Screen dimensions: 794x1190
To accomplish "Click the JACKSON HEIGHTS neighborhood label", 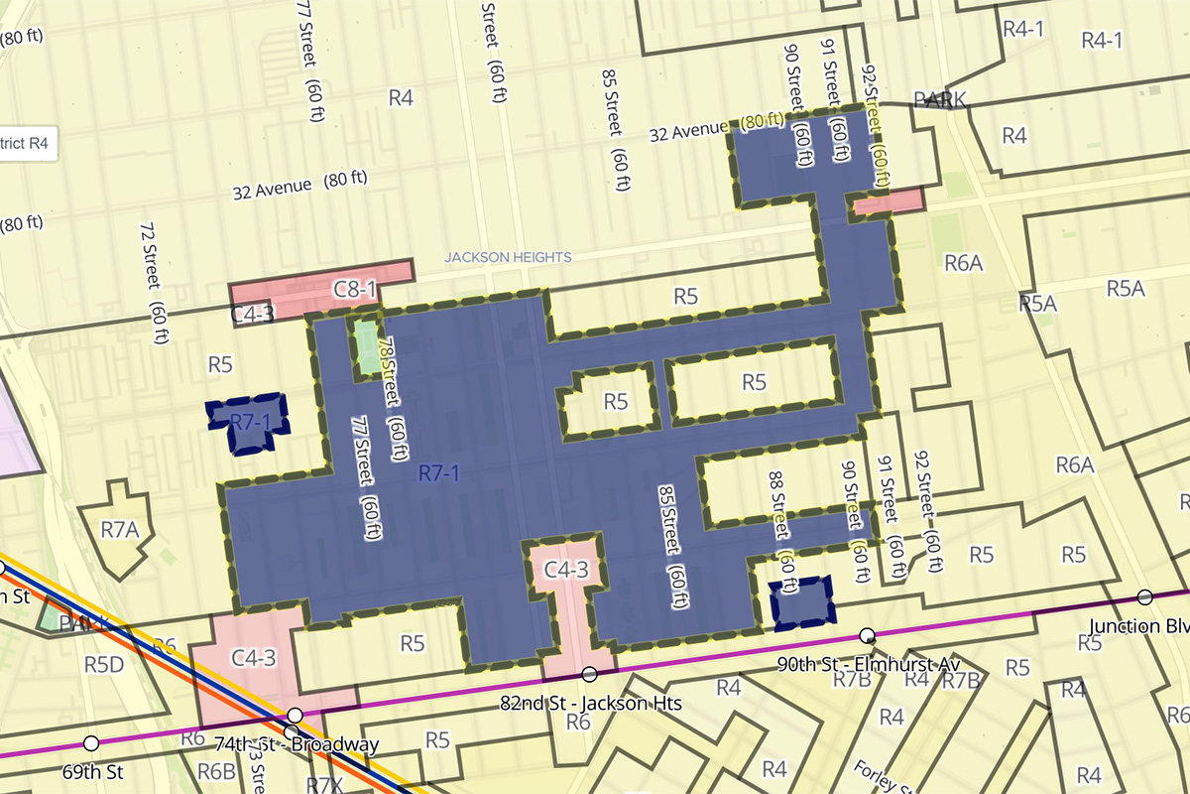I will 508,257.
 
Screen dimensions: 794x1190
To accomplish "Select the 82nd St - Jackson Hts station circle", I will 589,675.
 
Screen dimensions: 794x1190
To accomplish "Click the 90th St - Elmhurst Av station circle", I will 867,635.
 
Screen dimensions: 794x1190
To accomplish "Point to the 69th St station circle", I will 91,743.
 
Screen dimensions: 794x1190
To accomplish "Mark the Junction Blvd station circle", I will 1145,596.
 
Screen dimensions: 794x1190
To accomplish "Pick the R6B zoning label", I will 215,772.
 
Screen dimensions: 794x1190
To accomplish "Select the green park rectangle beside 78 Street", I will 366,345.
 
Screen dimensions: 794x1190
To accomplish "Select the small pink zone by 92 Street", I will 888,202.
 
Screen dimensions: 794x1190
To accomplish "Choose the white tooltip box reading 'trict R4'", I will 28,143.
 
